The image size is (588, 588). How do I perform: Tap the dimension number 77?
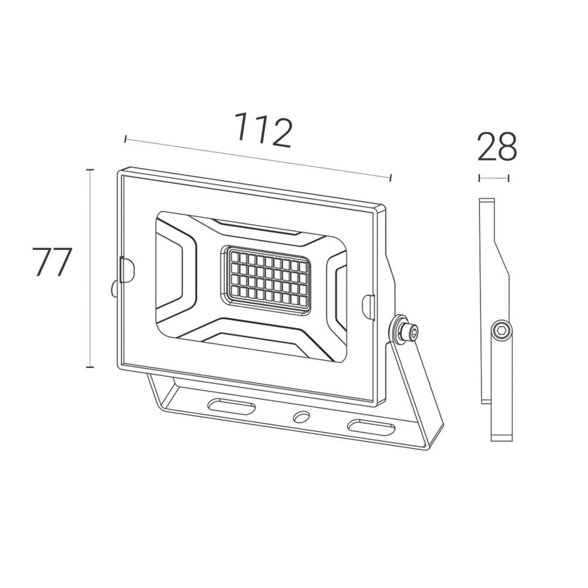51,262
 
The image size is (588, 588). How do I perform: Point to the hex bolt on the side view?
502,331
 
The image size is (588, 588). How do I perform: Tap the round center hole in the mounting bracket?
302,417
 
